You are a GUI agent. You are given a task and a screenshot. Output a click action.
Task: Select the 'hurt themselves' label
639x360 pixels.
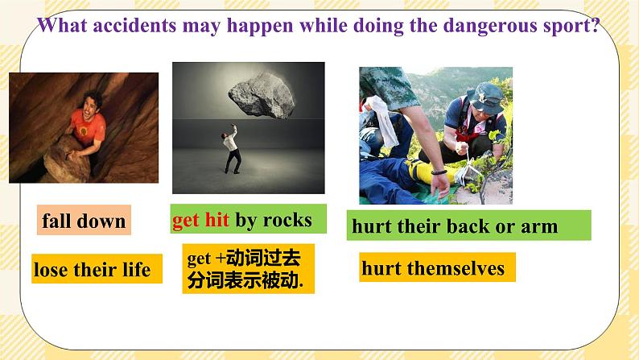pyautogui.click(x=433, y=268)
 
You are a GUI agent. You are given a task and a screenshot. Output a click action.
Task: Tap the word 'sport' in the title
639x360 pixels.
pyautogui.click(x=571, y=25)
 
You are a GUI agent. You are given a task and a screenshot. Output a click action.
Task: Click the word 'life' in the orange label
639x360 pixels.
pyautogui.click(x=135, y=270)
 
